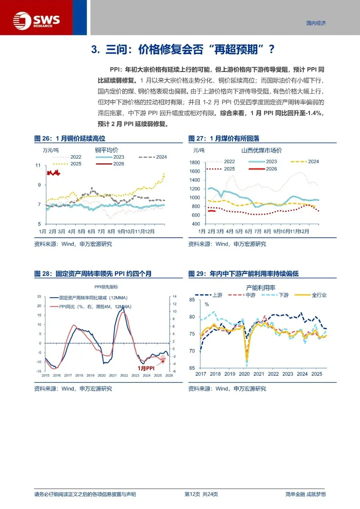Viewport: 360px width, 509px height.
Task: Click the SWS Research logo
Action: pyautogui.click(x=36, y=21)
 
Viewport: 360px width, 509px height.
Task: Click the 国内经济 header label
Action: pyautogui.click(x=316, y=23)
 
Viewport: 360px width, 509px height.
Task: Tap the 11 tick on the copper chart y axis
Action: pyautogui.click(x=38, y=165)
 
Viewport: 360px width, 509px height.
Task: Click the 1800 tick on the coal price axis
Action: pyautogui.click(x=195, y=162)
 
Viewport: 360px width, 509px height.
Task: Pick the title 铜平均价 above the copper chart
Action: pyautogui.click(x=106, y=150)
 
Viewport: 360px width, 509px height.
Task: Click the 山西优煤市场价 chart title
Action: pyautogui.click(x=261, y=150)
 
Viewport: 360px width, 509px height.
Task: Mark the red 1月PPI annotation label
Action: pyautogui.click(x=146, y=368)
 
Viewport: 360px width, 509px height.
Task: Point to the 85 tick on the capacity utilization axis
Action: pyautogui.click(x=192, y=300)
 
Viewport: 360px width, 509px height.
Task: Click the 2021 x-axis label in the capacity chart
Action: pyautogui.click(x=259, y=374)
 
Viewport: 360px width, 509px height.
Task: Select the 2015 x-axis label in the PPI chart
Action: pyautogui.click(x=46, y=375)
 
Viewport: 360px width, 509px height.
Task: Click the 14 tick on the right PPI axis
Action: pyautogui.click(x=174, y=296)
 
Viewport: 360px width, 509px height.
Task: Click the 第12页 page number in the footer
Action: pyautogui.click(x=192, y=494)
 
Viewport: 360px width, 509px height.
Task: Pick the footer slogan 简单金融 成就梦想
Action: pyautogui.click(x=305, y=494)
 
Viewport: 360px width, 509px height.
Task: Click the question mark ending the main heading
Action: pyautogui.click(x=271, y=49)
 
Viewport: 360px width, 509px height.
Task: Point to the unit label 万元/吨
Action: pyautogui.click(x=51, y=150)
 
